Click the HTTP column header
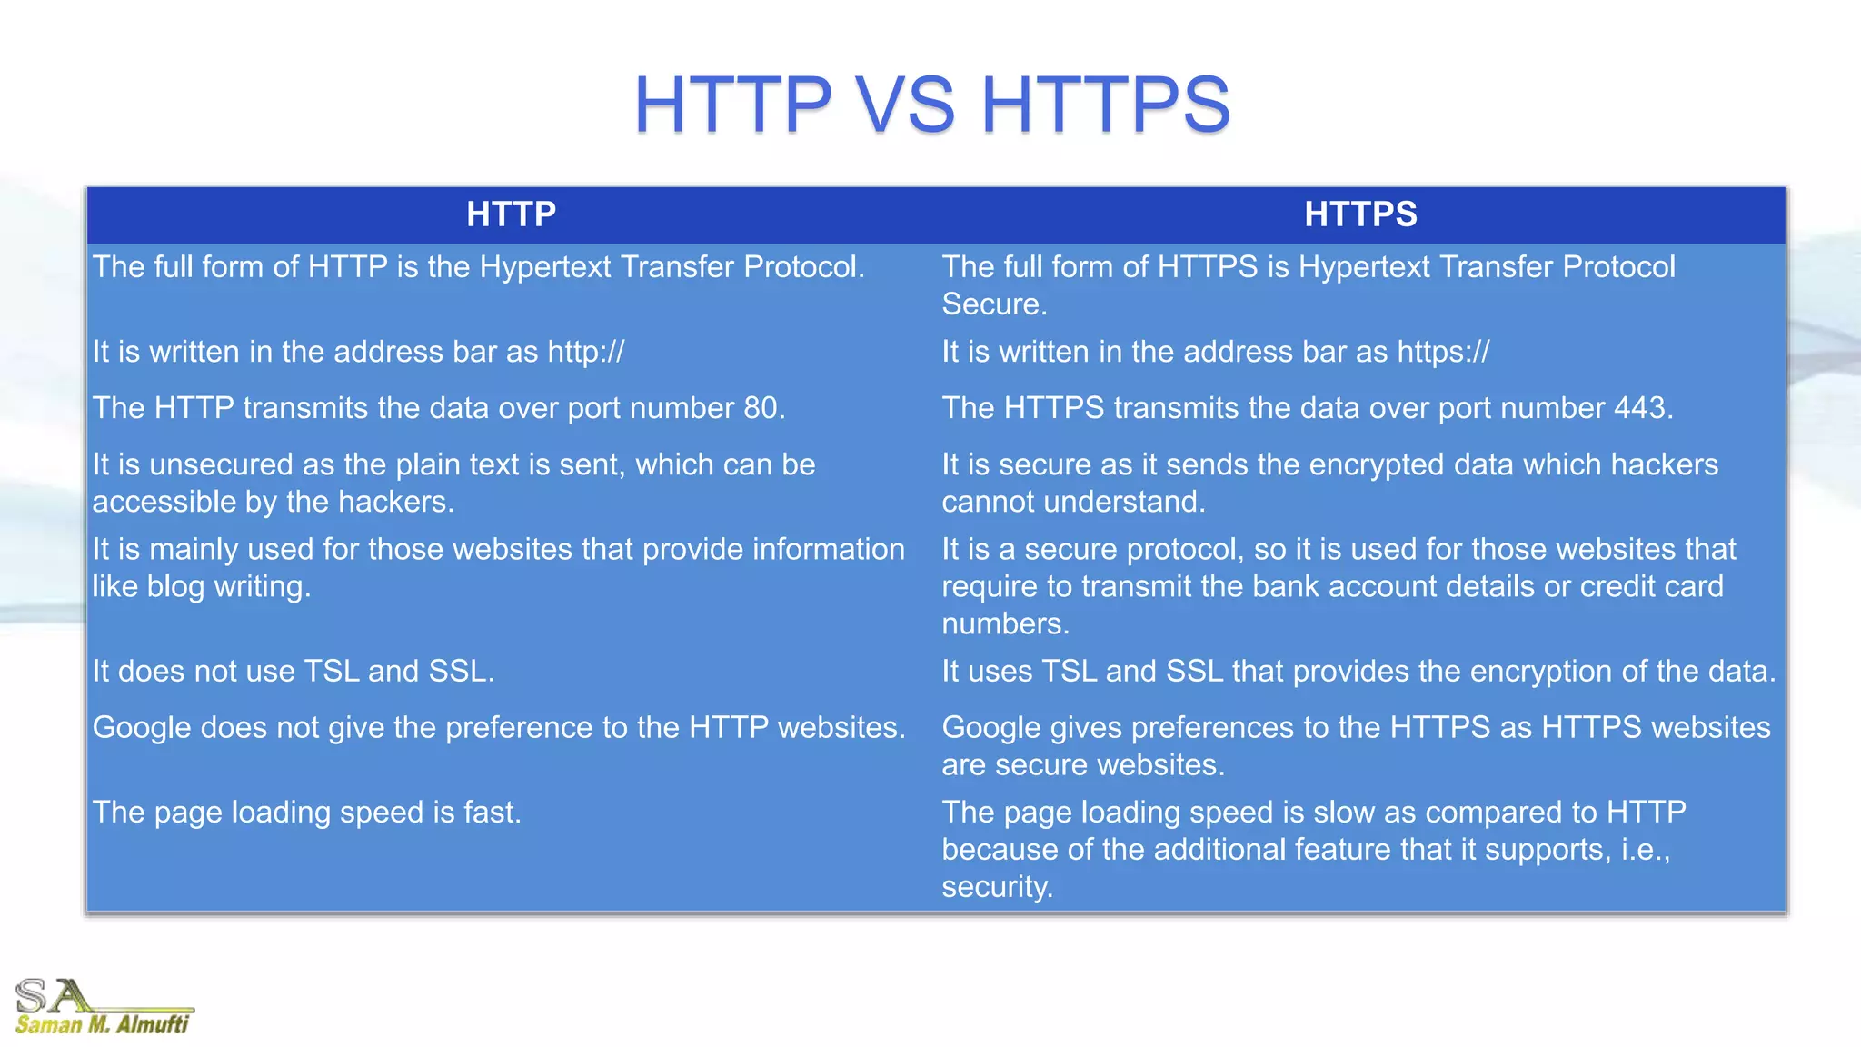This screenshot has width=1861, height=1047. coord(511,214)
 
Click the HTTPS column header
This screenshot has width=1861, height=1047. coord(1360,214)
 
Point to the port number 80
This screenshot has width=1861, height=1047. coord(762,408)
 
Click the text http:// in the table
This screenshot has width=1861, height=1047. coord(585,352)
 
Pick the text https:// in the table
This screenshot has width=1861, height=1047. coord(1443,352)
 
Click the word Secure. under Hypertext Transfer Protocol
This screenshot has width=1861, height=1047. coord(994,304)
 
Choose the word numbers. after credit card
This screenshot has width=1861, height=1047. coord(1005,624)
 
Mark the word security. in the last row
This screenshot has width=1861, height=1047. coord(997,887)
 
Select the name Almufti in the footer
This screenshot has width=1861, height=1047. coord(153,1025)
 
